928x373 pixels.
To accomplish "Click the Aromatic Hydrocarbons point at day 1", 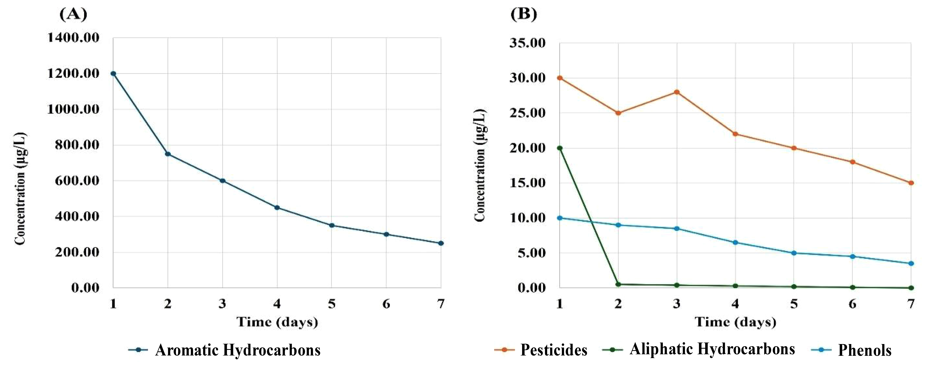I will (113, 73).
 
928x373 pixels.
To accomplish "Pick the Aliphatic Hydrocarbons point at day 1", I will (559, 148).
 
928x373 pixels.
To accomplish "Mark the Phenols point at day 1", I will (559, 218).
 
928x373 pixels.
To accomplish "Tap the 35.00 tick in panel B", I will (527, 43).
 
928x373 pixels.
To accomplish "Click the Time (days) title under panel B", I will (735, 321).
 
